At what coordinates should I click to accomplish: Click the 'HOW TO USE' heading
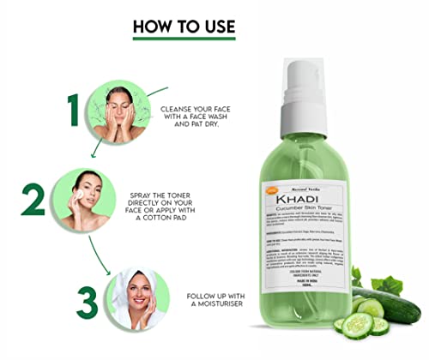pos(183,26)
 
